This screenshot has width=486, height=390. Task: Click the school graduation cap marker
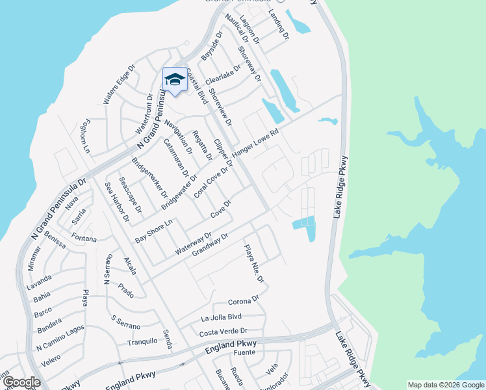(173, 79)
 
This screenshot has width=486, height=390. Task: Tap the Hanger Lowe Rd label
(255, 142)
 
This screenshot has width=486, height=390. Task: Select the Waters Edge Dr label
(118, 84)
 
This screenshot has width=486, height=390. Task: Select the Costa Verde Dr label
(224, 331)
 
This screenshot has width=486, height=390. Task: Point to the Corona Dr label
(244, 302)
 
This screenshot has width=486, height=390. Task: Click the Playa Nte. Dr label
(254, 263)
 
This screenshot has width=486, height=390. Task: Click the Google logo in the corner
(21, 382)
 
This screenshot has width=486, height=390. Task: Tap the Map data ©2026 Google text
(445, 385)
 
